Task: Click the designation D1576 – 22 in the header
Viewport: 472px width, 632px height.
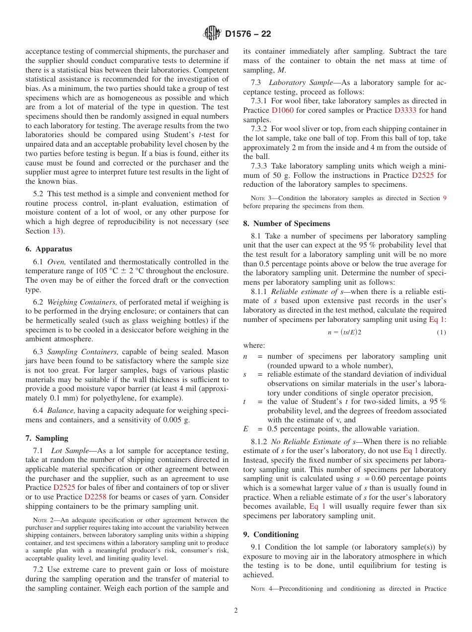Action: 248,34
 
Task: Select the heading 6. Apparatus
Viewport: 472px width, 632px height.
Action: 49,249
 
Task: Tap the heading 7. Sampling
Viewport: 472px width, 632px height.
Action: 47,438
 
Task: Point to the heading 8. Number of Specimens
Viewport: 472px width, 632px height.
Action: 287,223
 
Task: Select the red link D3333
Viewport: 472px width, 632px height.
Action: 405,110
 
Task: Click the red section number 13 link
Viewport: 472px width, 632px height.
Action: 56,231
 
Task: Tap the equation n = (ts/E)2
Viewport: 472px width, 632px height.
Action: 344,332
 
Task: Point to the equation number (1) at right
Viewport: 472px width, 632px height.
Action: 441,332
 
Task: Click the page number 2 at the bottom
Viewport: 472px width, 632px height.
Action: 236,611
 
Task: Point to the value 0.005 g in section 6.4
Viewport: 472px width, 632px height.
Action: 171,419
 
